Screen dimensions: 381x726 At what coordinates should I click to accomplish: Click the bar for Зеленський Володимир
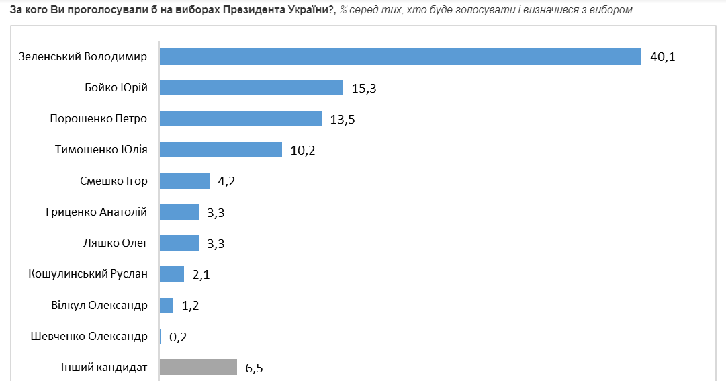click(400, 56)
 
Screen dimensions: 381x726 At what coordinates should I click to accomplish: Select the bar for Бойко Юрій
click(251, 87)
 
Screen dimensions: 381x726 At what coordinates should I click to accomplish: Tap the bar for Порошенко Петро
click(240, 118)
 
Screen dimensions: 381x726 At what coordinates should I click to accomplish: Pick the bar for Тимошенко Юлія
click(220, 149)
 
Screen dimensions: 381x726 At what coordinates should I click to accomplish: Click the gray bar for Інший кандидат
click(198, 367)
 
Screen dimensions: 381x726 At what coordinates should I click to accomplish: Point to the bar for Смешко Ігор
click(185, 181)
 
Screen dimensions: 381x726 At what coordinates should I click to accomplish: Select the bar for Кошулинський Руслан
click(172, 273)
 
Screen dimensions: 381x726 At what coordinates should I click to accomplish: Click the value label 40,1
click(662, 57)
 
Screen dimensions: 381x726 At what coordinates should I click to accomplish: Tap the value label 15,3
click(364, 88)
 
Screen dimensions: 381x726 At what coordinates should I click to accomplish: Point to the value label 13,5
click(343, 119)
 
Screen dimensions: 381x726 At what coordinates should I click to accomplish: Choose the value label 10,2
click(302, 150)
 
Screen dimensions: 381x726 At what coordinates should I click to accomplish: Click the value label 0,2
click(178, 337)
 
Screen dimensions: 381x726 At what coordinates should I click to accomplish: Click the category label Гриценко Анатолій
click(95, 212)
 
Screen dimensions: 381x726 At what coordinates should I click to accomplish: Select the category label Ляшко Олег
click(116, 243)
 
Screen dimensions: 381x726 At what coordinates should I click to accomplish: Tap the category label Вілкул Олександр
click(99, 305)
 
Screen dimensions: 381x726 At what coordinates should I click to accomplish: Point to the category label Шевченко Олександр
click(89, 336)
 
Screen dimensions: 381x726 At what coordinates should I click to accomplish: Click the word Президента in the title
click(257, 10)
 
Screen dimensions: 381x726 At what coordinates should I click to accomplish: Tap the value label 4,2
click(227, 181)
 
